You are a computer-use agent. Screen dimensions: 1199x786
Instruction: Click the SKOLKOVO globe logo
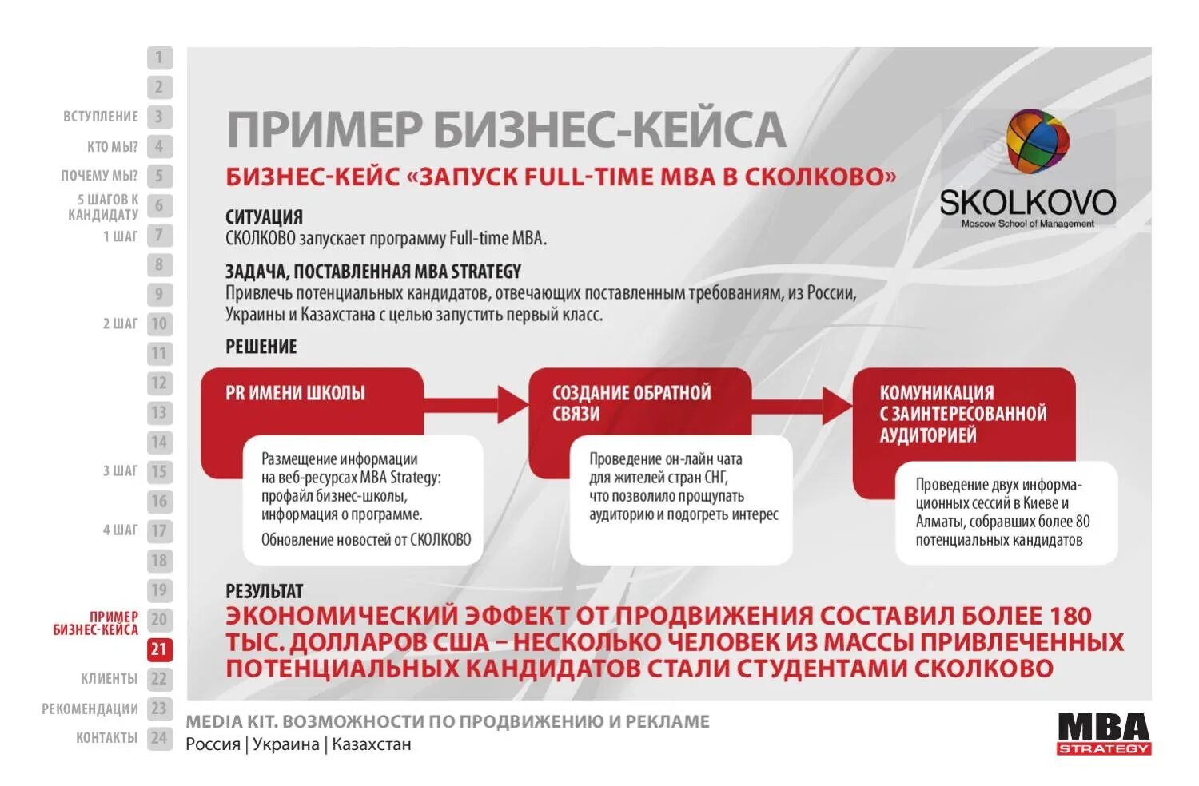pyautogui.click(x=1038, y=141)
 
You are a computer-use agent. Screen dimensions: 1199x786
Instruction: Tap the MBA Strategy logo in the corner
pyautogui.click(x=1104, y=733)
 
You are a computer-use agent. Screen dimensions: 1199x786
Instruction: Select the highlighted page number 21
pyautogui.click(x=159, y=649)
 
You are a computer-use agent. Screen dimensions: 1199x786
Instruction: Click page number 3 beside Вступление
pyautogui.click(x=159, y=117)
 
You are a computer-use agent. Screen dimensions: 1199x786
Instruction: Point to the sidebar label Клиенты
pyautogui.click(x=109, y=678)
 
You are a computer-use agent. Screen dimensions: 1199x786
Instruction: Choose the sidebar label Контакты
pyautogui.click(x=106, y=737)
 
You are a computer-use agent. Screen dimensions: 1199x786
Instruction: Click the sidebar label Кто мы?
pyautogui.click(x=112, y=146)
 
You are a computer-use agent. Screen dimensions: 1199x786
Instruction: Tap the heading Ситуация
pyautogui.click(x=264, y=216)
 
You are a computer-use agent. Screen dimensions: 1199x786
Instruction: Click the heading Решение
pyautogui.click(x=261, y=347)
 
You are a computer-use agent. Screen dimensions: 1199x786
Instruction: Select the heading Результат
pyautogui.click(x=264, y=591)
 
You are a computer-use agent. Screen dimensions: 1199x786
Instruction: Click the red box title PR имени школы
pyautogui.click(x=295, y=393)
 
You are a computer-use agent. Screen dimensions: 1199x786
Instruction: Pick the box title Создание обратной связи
pyautogui.click(x=631, y=403)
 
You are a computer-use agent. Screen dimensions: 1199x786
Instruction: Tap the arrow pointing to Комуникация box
pyautogui.click(x=803, y=406)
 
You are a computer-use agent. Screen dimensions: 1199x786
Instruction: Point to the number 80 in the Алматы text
pyautogui.click(x=1081, y=522)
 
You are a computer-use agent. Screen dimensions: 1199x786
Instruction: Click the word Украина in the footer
pyautogui.click(x=285, y=744)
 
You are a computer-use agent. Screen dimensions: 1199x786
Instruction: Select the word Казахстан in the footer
pyautogui.click(x=372, y=744)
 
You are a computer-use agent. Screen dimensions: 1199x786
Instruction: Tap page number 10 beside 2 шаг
pyautogui.click(x=159, y=324)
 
